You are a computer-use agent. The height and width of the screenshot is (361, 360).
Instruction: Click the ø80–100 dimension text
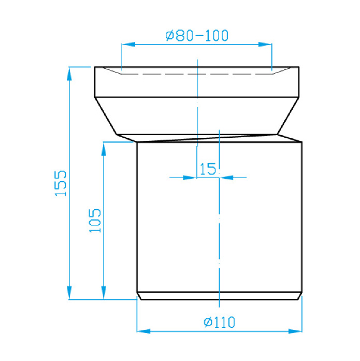tap(197, 35)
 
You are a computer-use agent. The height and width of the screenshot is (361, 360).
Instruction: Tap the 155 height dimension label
tap(61, 183)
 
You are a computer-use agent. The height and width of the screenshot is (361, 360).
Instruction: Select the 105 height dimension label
tap(95, 221)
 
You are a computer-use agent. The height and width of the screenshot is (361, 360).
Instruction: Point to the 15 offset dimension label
tap(208, 169)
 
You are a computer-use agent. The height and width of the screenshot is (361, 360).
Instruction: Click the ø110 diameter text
tap(219, 322)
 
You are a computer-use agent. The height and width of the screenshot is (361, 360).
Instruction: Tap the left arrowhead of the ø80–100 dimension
tap(128, 44)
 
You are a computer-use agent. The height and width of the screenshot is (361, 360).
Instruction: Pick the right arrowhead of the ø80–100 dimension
tap(265, 44)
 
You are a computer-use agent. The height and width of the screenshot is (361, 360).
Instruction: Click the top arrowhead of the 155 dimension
tap(69, 74)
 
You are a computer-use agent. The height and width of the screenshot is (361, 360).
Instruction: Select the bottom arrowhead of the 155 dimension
tap(69, 293)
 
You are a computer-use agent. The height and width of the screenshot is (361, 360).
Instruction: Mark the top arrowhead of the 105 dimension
tap(104, 149)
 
